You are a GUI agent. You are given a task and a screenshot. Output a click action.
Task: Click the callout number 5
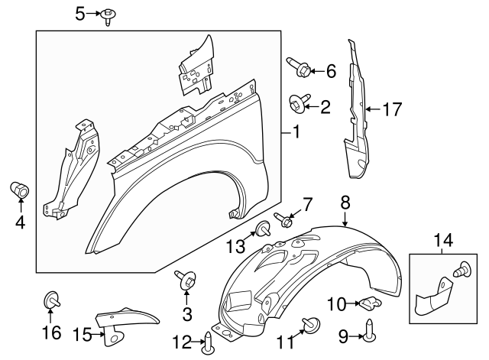point(80,13)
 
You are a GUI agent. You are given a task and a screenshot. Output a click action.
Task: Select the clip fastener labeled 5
point(109,15)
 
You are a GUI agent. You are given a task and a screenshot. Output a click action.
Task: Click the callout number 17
point(392,110)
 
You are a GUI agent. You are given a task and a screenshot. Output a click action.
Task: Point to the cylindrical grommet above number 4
point(20,188)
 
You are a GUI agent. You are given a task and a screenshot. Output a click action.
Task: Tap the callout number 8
point(345,202)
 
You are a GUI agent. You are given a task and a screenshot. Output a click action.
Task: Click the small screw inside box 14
point(461,269)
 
